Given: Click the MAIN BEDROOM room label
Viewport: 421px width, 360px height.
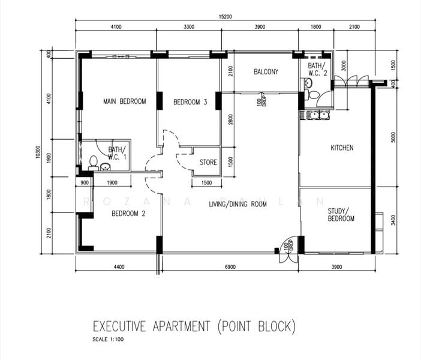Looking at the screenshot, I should tap(124, 101).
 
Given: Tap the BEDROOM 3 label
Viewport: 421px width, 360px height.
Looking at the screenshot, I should tap(190, 103).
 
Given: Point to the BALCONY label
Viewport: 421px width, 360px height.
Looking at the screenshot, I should tap(266, 72).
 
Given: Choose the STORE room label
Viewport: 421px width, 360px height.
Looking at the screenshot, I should tap(208, 162).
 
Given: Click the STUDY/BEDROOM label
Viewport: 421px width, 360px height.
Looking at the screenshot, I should tap(341, 215).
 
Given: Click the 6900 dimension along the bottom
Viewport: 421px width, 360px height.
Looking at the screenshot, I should tap(230, 267).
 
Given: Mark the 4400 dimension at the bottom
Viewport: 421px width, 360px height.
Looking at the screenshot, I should tap(118, 267).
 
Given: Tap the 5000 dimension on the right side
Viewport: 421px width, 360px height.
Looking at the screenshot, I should tap(393, 137).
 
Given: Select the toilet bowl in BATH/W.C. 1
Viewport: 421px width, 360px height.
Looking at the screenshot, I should tap(93, 161).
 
